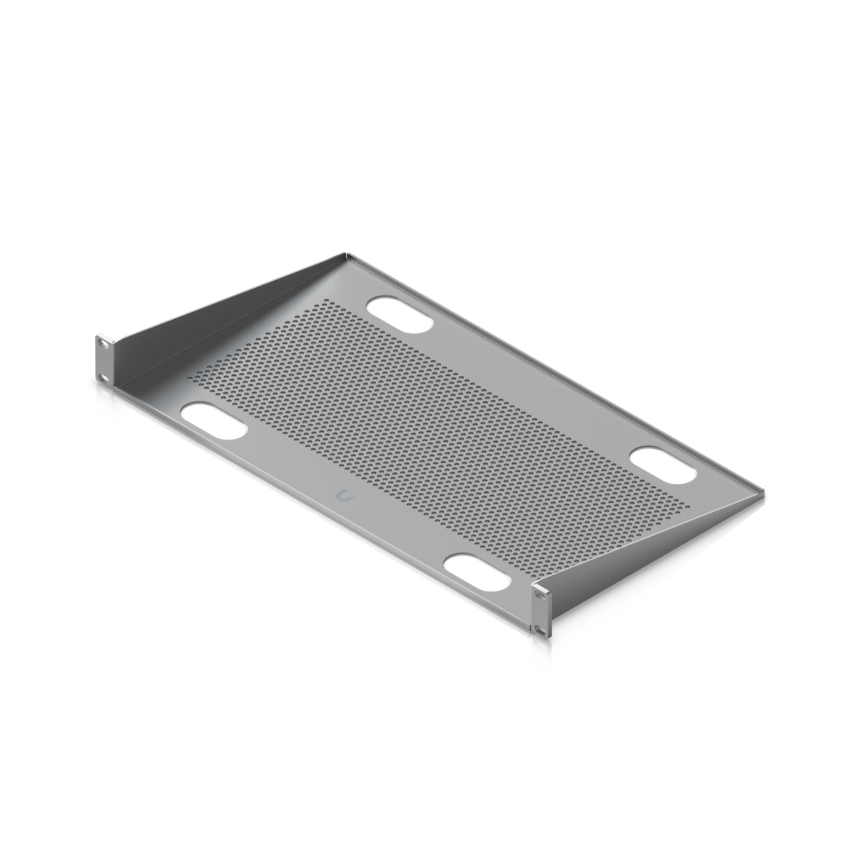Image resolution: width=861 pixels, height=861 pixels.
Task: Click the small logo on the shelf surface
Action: (x=345, y=497)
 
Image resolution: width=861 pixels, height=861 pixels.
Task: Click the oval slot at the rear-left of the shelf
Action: (x=399, y=313)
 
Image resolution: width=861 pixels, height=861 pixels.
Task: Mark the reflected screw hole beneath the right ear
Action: (x=540, y=646)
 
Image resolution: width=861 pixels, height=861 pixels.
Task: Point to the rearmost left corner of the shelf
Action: (x=345, y=250)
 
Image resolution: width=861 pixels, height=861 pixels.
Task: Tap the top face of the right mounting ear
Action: (x=542, y=584)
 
